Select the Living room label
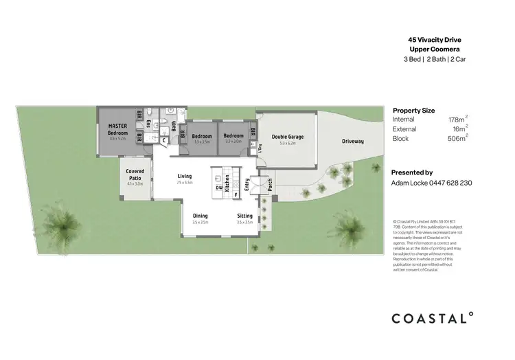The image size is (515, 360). tap(185, 177)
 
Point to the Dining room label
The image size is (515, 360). tap(200, 216)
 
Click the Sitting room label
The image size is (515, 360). tap(244, 216)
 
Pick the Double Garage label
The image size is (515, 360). tap(287, 137)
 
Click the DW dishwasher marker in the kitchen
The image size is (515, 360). tap(218, 187)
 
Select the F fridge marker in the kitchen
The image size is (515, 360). tap(236, 195)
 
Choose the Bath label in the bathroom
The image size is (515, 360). tap(174, 126)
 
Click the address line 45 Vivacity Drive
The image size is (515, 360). tap(433, 41)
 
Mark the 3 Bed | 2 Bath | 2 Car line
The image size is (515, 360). tap(433, 60)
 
